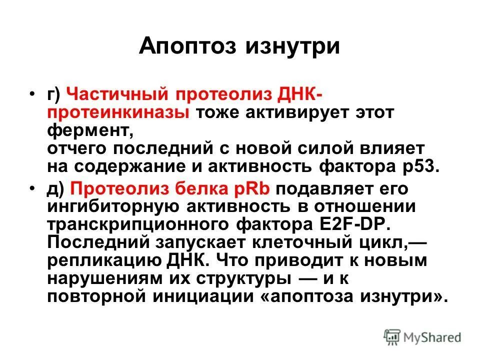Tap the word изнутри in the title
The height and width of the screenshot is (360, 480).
click(292, 47)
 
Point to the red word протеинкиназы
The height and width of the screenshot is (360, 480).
click(118, 111)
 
